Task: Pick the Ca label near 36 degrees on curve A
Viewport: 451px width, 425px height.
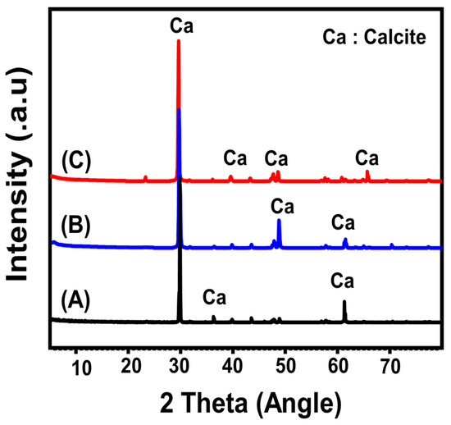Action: (215, 296)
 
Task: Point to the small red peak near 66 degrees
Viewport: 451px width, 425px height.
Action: (367, 175)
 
